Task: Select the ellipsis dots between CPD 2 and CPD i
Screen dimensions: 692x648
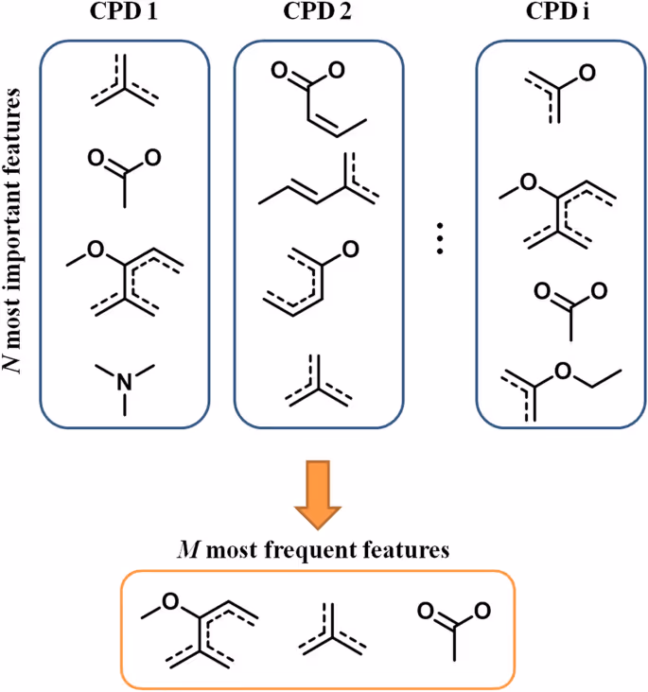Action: point(440,241)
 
